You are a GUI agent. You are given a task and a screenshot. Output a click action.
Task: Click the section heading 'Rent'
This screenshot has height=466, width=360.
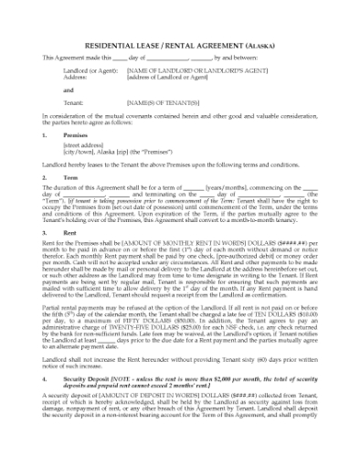click(x=70, y=233)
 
